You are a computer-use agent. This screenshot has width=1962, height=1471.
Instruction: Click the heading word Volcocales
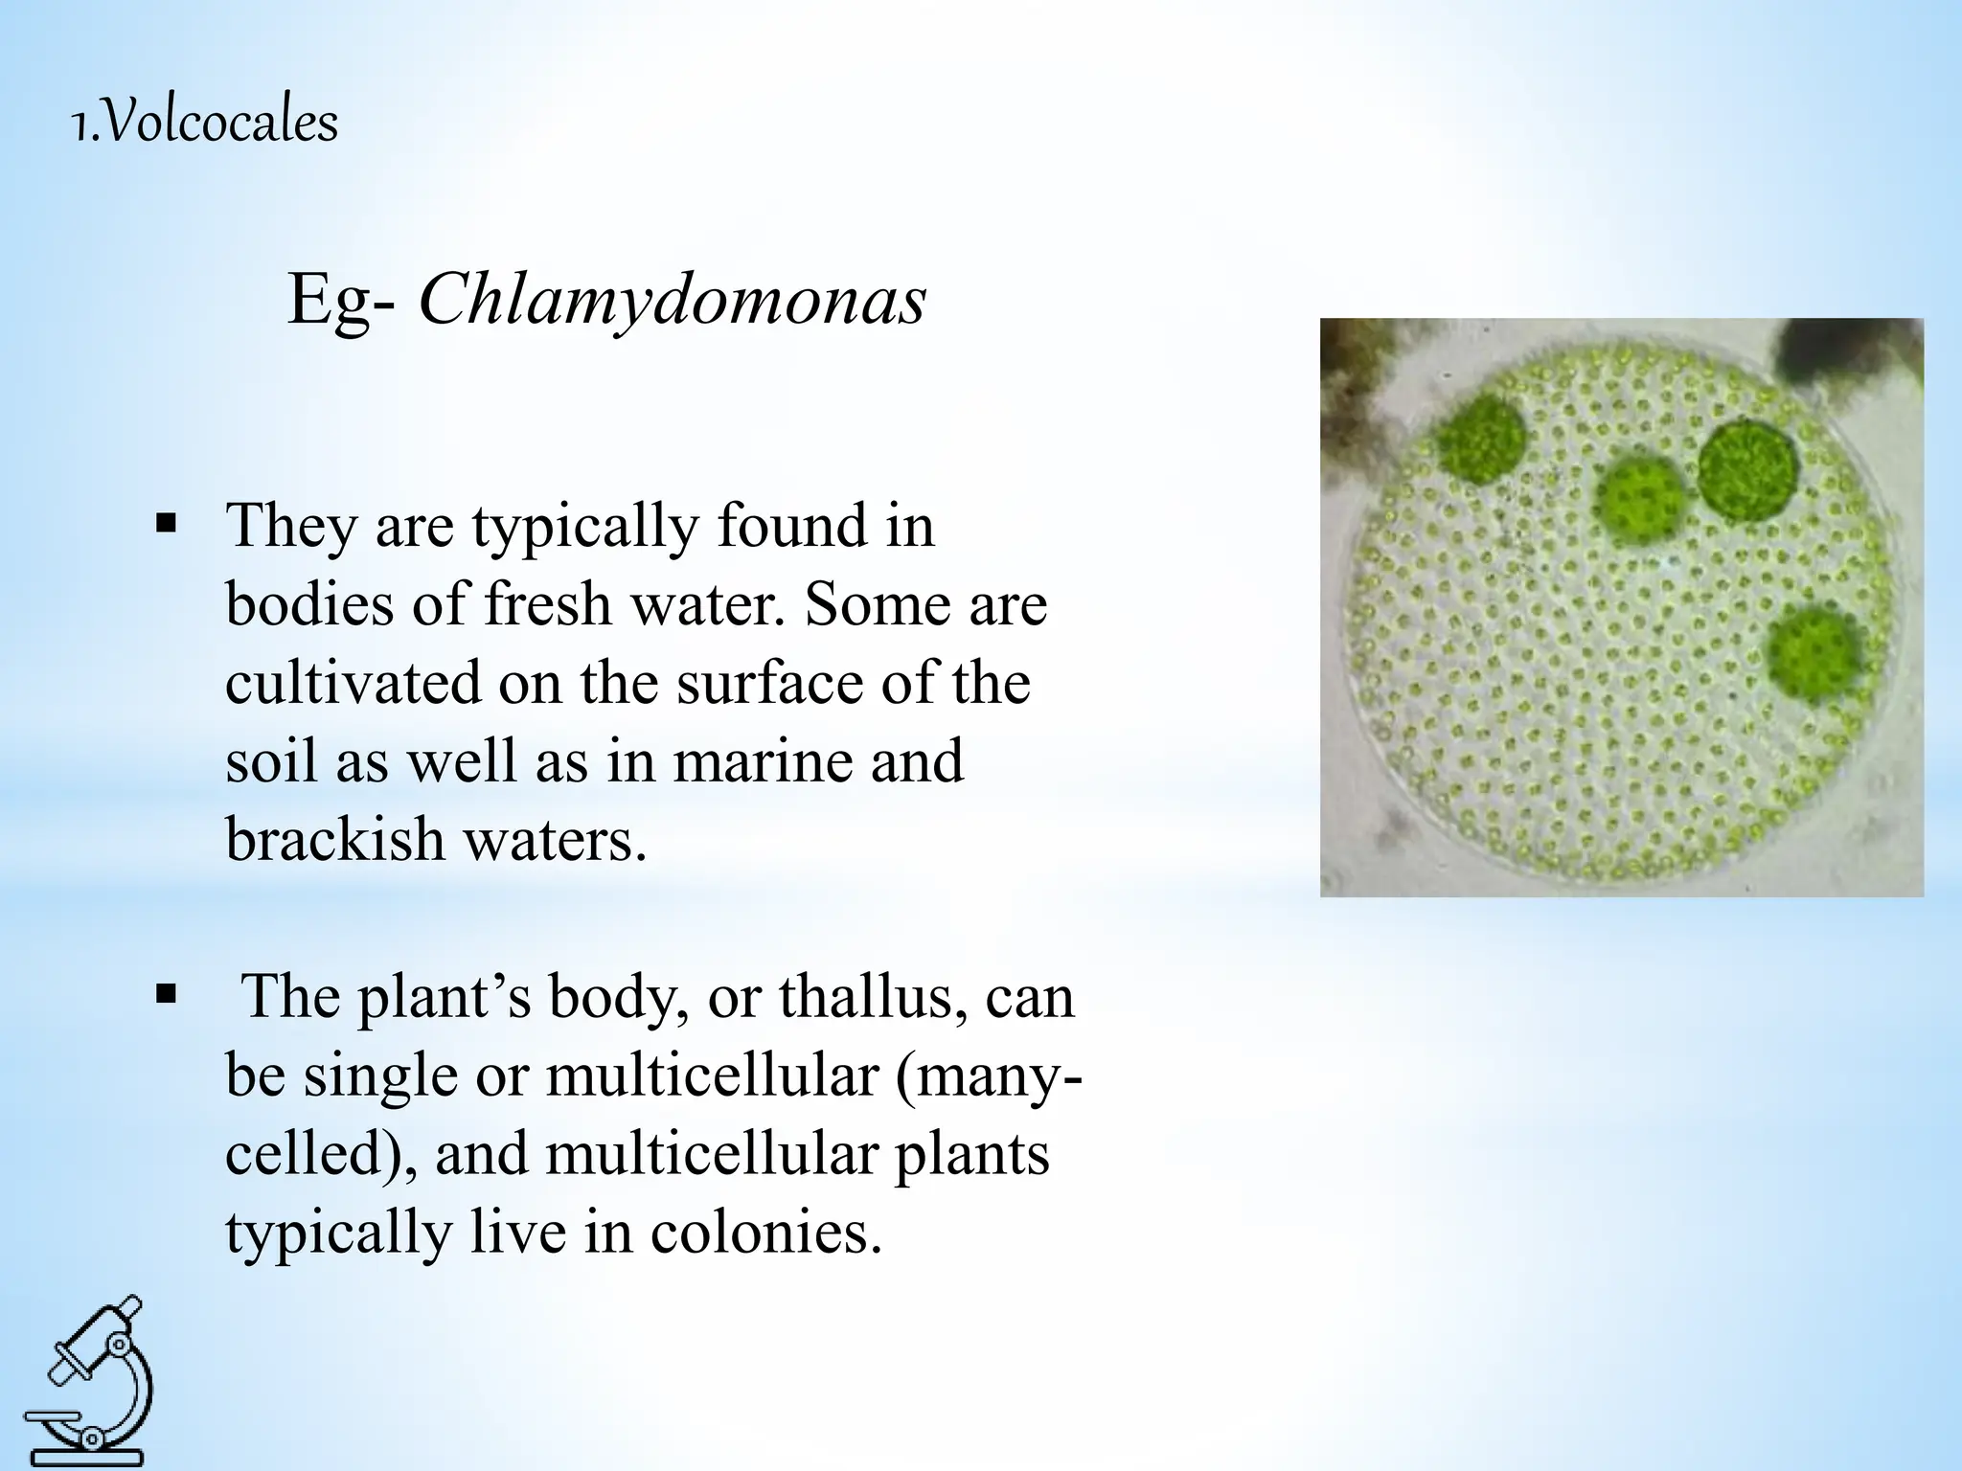tap(219, 124)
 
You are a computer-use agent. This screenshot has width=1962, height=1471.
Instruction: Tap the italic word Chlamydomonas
tap(673, 301)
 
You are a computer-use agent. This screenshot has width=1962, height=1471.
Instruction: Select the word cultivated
tap(353, 683)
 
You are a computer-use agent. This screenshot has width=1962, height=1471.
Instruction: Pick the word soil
tap(272, 761)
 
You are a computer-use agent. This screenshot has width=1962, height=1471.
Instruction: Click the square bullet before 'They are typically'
tap(167, 525)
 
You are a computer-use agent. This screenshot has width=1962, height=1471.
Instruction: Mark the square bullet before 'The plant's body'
tap(167, 996)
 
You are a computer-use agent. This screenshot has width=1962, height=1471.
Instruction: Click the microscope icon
tap(87, 1379)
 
